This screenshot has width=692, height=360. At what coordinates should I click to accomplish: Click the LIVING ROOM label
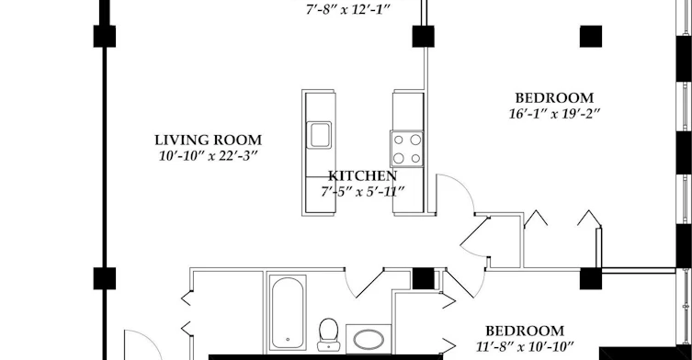pyautogui.click(x=208, y=141)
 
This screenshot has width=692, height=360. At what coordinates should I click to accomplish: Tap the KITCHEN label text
pyautogui.click(x=362, y=176)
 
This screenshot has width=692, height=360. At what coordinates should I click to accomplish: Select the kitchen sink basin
pyautogui.click(x=319, y=135)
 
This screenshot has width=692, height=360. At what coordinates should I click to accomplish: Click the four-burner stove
pyautogui.click(x=406, y=149)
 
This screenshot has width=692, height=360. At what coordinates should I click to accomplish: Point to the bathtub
pyautogui.click(x=288, y=313)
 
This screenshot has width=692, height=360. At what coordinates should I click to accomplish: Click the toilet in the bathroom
pyautogui.click(x=328, y=334)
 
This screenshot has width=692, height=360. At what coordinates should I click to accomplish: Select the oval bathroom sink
pyautogui.click(x=369, y=340)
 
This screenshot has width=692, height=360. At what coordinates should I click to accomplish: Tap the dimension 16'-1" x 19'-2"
pyautogui.click(x=554, y=114)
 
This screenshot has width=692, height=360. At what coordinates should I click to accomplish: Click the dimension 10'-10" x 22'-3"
pyautogui.click(x=208, y=156)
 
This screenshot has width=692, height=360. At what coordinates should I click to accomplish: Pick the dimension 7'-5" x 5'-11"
pyautogui.click(x=362, y=192)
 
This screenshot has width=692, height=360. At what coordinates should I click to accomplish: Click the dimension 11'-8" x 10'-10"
pyautogui.click(x=525, y=347)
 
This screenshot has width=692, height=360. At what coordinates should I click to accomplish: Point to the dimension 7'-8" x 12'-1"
pyautogui.click(x=348, y=10)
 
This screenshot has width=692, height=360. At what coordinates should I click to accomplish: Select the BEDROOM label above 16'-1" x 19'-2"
pyautogui.click(x=554, y=98)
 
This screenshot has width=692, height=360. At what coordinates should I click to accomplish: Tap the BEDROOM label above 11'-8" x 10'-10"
pyautogui.click(x=525, y=331)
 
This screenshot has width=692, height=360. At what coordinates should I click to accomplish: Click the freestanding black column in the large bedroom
pyautogui.click(x=591, y=36)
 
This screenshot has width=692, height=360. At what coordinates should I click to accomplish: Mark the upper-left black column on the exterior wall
pyautogui.click(x=105, y=36)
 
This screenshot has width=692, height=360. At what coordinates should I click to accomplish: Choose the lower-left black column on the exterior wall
pyautogui.click(x=105, y=278)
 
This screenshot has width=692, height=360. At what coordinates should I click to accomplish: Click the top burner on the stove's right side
pyautogui.click(x=415, y=140)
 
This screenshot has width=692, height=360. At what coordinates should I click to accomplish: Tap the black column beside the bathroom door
pyautogui.click(x=424, y=278)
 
